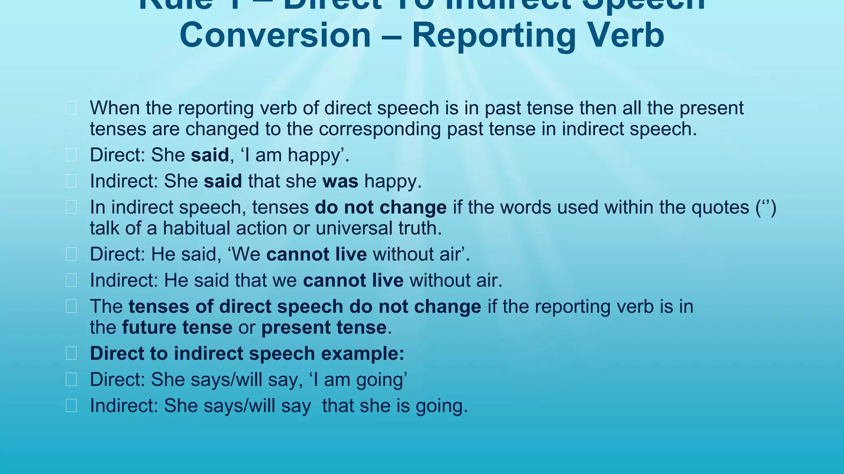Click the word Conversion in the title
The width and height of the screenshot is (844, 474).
275,35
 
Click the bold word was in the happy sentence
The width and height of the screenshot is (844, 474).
340,181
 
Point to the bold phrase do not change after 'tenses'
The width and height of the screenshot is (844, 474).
380,207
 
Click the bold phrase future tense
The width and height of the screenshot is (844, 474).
177,328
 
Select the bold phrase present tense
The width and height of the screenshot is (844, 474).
324,328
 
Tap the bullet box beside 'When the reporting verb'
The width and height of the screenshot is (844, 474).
71,108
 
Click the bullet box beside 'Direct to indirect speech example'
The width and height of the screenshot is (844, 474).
71,353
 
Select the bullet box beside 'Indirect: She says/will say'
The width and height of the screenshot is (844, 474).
71,406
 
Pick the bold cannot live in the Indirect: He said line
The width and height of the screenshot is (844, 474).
353,281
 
